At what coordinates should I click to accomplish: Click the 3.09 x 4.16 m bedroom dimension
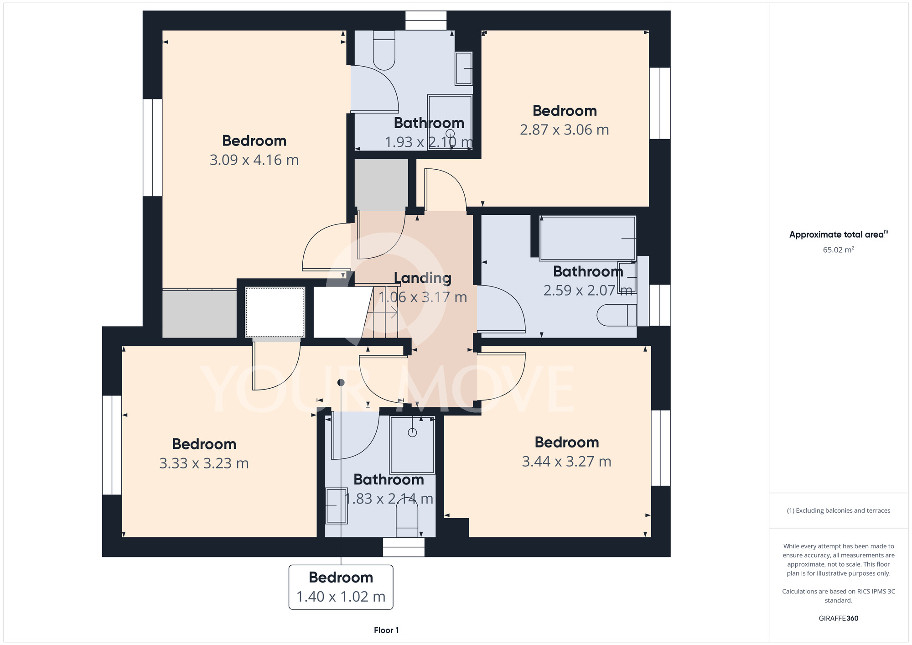tap(254, 160)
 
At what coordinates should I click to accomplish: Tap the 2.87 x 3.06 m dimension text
tap(565, 130)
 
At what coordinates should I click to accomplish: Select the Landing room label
tap(422, 278)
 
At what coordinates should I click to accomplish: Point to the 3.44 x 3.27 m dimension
tap(566, 462)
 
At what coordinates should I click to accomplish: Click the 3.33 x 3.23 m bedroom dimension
tap(204, 463)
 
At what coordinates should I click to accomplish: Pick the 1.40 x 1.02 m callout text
tap(341, 597)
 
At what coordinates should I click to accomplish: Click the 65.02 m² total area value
tap(839, 250)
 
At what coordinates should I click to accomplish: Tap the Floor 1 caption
tap(386, 630)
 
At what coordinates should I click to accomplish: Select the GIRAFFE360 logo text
tap(839, 619)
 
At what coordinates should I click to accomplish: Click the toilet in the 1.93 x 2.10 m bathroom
tap(384, 50)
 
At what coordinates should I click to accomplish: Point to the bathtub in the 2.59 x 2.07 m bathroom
tap(587, 238)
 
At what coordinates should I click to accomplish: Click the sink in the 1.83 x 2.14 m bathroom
tap(337, 506)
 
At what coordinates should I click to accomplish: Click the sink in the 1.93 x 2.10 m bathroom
tap(464, 68)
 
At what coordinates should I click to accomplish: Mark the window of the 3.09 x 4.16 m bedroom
tap(153, 148)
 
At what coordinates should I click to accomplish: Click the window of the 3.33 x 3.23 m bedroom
tap(112, 445)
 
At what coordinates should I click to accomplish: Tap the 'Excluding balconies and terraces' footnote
tap(839, 511)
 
